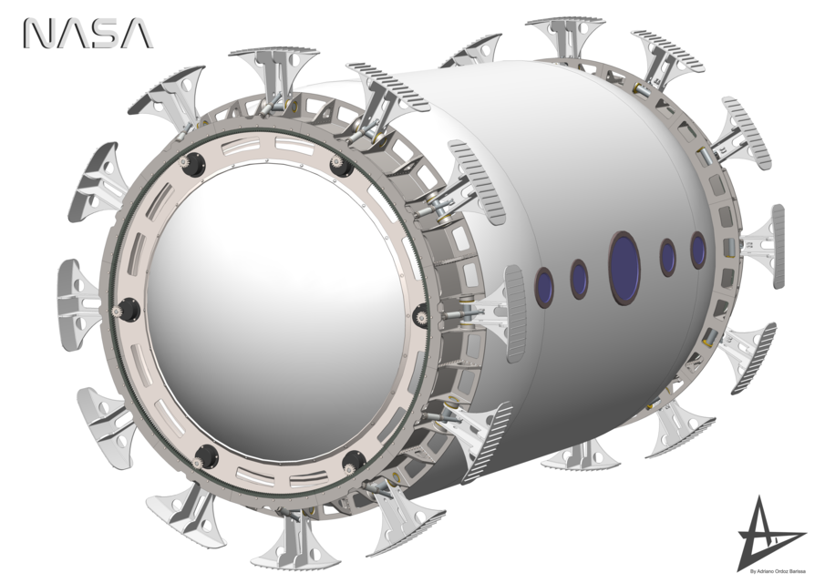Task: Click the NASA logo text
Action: point(88,34)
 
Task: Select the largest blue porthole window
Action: point(624,267)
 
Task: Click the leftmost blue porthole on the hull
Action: point(544,287)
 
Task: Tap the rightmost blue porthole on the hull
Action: point(698,250)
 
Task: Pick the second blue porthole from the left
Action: point(579,279)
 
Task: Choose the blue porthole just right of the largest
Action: point(668,257)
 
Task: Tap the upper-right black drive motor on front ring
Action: point(341,167)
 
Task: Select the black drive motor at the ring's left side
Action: point(129,310)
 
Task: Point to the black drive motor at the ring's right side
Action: point(421,316)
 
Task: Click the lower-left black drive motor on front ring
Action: point(206,455)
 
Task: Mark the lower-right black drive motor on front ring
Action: point(354,460)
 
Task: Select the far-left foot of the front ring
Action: point(79,289)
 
